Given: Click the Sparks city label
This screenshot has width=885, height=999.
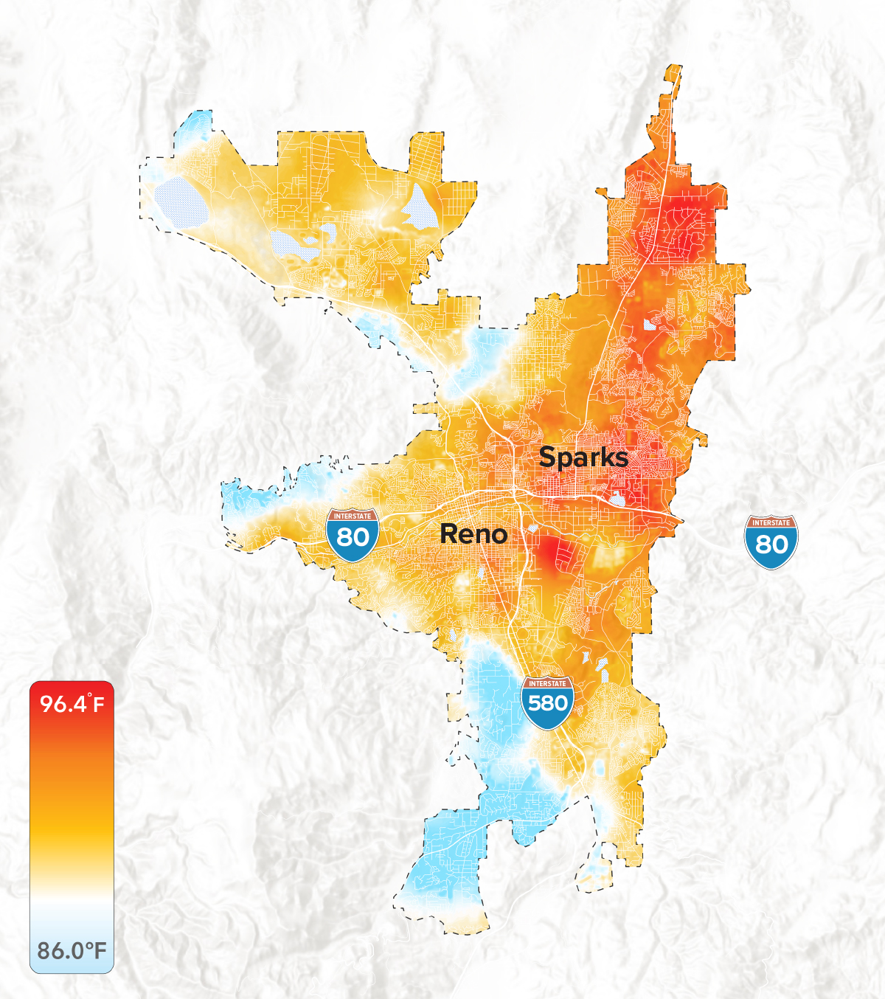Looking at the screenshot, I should point(583,458).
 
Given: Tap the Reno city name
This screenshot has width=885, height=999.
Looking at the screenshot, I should point(473,534).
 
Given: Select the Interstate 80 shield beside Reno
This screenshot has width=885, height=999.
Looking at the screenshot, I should point(353,534).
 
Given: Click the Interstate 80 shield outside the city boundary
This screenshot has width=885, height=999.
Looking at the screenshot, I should point(771,542).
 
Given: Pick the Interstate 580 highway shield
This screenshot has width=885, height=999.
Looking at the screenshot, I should point(547,702).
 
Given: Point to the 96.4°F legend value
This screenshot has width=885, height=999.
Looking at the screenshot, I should point(72,703).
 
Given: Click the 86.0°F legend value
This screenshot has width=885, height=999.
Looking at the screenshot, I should point(72,950).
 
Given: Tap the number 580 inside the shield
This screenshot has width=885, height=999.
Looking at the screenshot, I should point(547,703).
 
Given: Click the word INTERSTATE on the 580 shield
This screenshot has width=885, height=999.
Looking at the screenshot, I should point(547,684).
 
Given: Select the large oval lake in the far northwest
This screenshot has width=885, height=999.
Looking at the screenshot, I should point(180,200).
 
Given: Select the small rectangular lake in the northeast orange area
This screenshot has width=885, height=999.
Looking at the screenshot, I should point(649,324).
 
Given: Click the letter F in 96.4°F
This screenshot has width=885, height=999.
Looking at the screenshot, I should point(98,705).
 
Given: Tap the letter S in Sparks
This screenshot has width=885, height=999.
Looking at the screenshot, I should point(548,457).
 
